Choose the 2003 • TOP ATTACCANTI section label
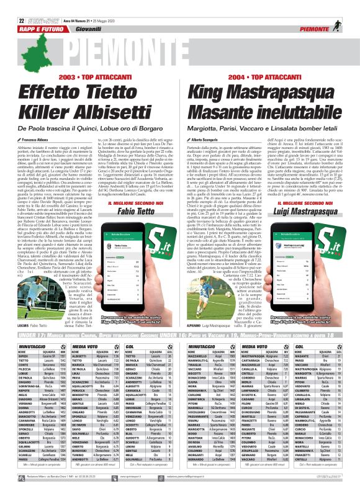(90, 77)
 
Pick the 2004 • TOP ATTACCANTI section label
(268, 77)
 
